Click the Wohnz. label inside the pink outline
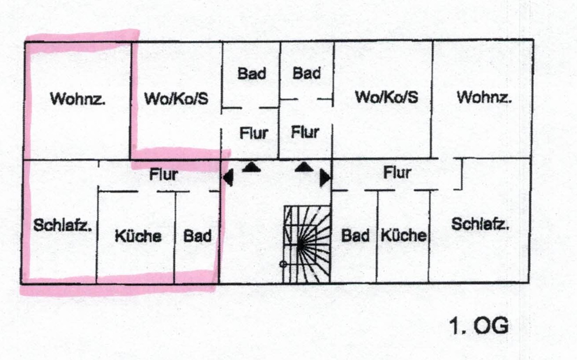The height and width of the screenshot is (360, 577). coord(78,98)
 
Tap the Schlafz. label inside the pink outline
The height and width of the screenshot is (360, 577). coord(63,225)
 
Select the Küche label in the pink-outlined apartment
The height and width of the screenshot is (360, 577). coord(138,236)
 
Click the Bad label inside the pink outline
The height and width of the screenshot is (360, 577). coord(197,236)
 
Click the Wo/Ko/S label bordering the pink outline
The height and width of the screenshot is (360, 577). coord(177,98)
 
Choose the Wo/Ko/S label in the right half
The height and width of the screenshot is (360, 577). coord(387,97)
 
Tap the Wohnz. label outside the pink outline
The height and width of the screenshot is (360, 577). coord(484,97)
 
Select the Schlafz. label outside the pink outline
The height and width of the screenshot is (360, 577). coord(480,224)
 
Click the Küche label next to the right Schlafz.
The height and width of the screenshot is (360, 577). coord(404,235)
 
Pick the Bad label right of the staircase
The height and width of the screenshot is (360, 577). coord(355,235)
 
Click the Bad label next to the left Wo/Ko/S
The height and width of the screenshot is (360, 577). coord(252,73)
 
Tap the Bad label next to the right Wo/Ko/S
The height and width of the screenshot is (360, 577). coord(306,73)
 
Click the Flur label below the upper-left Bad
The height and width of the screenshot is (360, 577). coord(254,133)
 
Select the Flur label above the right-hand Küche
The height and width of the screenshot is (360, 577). coord(397,172)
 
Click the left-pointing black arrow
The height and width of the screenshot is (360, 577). coord(228,177)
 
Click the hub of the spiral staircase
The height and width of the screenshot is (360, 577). coord(300,245)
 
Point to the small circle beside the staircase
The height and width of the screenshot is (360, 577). coord(283,264)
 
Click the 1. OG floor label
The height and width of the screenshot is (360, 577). coord(479,326)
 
